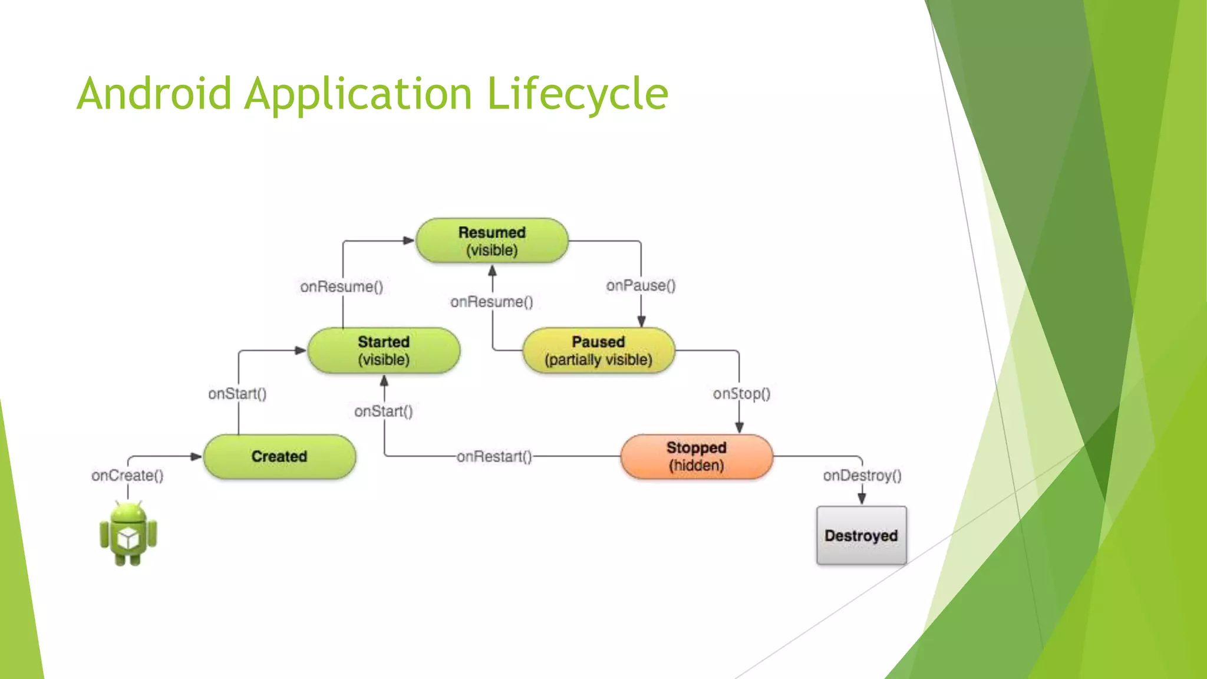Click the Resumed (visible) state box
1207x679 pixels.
point(492,240)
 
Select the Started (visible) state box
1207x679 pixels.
point(384,351)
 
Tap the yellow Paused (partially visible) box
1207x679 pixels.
point(598,351)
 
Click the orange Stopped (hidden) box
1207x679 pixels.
point(696,456)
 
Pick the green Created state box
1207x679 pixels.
point(279,456)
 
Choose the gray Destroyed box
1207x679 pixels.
point(861,535)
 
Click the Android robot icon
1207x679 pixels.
point(128,533)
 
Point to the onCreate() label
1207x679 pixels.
point(127,475)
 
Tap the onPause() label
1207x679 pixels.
point(641,285)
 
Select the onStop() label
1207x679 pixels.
point(741,393)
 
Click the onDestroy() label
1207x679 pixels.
point(862,475)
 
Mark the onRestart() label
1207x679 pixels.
point(494,456)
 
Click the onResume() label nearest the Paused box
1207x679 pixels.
point(492,302)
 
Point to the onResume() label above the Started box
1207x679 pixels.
point(341,286)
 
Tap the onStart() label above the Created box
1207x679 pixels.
point(237,393)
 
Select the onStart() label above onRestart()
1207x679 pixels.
point(383,411)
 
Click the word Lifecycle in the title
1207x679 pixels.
point(578,94)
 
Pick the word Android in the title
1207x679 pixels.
point(154,94)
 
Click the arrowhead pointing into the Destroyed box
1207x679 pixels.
point(862,499)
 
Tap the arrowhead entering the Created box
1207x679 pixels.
point(196,456)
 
